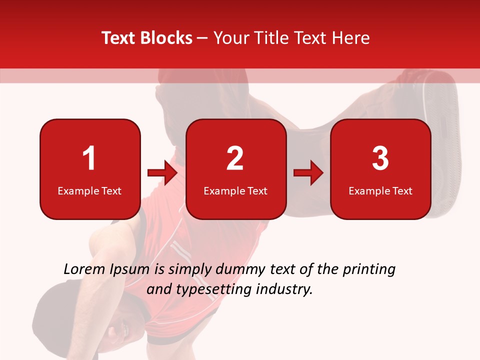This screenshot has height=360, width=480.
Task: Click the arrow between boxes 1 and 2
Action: tap(162, 173)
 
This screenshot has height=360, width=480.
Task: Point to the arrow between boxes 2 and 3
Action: tap(308, 173)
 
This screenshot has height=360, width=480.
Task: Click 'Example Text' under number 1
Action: tap(89, 190)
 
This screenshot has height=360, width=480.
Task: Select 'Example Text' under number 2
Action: tap(235, 190)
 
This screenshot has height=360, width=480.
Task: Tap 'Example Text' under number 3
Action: tap(380, 190)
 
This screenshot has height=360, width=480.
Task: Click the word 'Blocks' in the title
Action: tap(165, 38)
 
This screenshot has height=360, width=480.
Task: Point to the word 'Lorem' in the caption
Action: tap(84, 269)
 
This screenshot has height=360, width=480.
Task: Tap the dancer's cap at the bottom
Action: tap(55, 305)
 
